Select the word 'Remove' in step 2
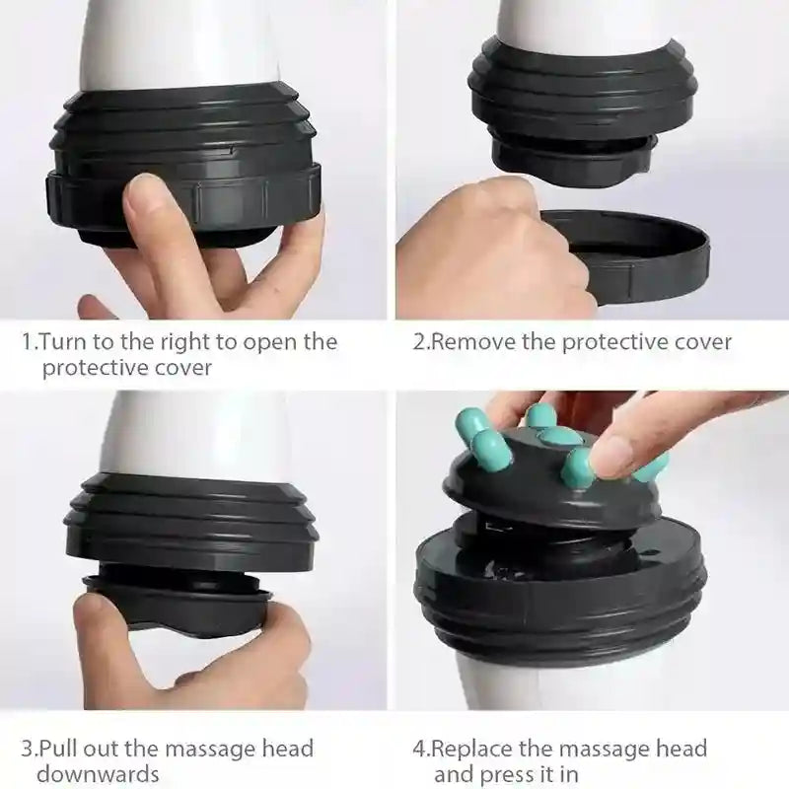468,342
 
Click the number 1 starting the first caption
27,342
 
